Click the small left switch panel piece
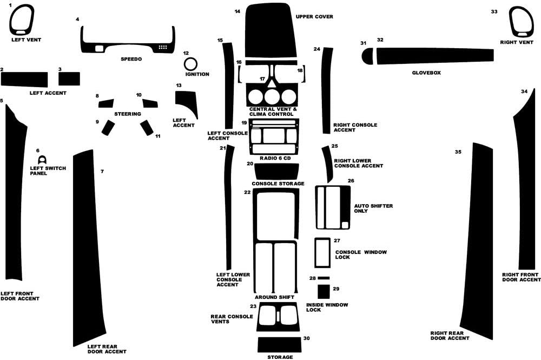tap(42, 160)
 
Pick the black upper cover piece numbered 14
tap(270, 30)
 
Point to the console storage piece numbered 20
tap(276, 171)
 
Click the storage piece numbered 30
tap(279, 344)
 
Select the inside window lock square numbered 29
tap(324, 292)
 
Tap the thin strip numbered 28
tap(324, 278)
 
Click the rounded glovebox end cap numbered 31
tap(367, 55)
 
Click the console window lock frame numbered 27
tap(322, 252)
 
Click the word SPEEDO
tap(131, 58)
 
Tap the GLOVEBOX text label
tap(426, 72)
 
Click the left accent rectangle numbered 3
tap(69, 79)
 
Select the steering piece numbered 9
tap(108, 127)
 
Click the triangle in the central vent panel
tap(270, 84)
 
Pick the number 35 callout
tap(458, 152)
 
